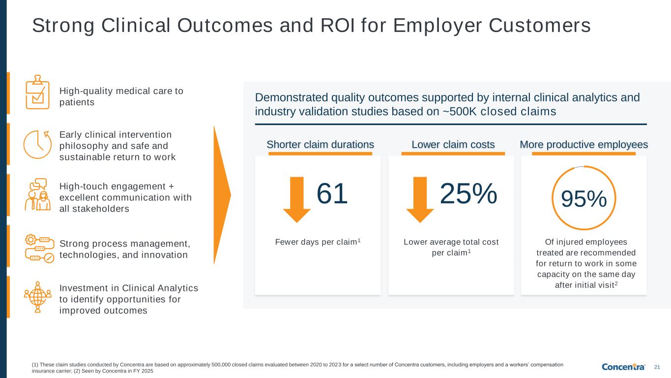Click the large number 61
click(332, 193)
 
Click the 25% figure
click(468, 193)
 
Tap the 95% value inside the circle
click(584, 199)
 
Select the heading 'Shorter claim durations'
click(320, 144)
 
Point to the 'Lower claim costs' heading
click(453, 144)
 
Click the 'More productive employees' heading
click(583, 144)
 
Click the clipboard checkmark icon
click(37, 94)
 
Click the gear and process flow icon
click(39, 249)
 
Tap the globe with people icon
click(38, 297)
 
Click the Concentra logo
click(624, 367)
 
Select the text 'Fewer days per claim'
click(316, 242)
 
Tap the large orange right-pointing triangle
click(222, 195)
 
